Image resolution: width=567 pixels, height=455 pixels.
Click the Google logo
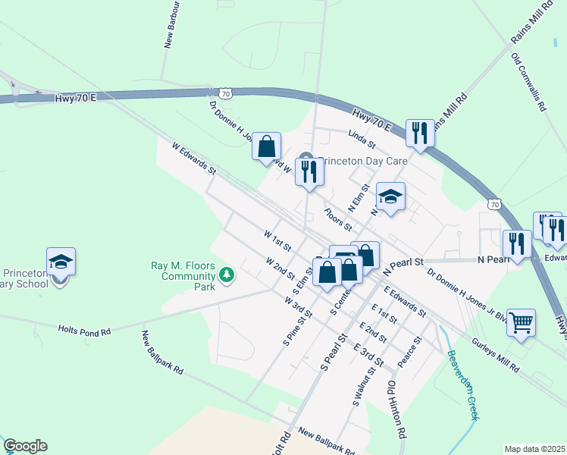[x=26, y=446]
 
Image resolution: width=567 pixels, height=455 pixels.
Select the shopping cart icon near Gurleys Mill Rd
[x=521, y=324]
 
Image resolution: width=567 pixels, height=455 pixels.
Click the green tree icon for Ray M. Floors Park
[x=226, y=275]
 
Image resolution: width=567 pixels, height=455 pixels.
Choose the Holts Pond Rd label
[x=84, y=331]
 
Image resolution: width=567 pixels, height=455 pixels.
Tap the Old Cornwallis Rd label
[x=529, y=83]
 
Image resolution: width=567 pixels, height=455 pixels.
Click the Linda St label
[x=362, y=139]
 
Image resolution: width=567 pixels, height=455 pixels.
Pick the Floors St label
[x=338, y=219]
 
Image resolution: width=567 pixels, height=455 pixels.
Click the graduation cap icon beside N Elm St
[x=390, y=197]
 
